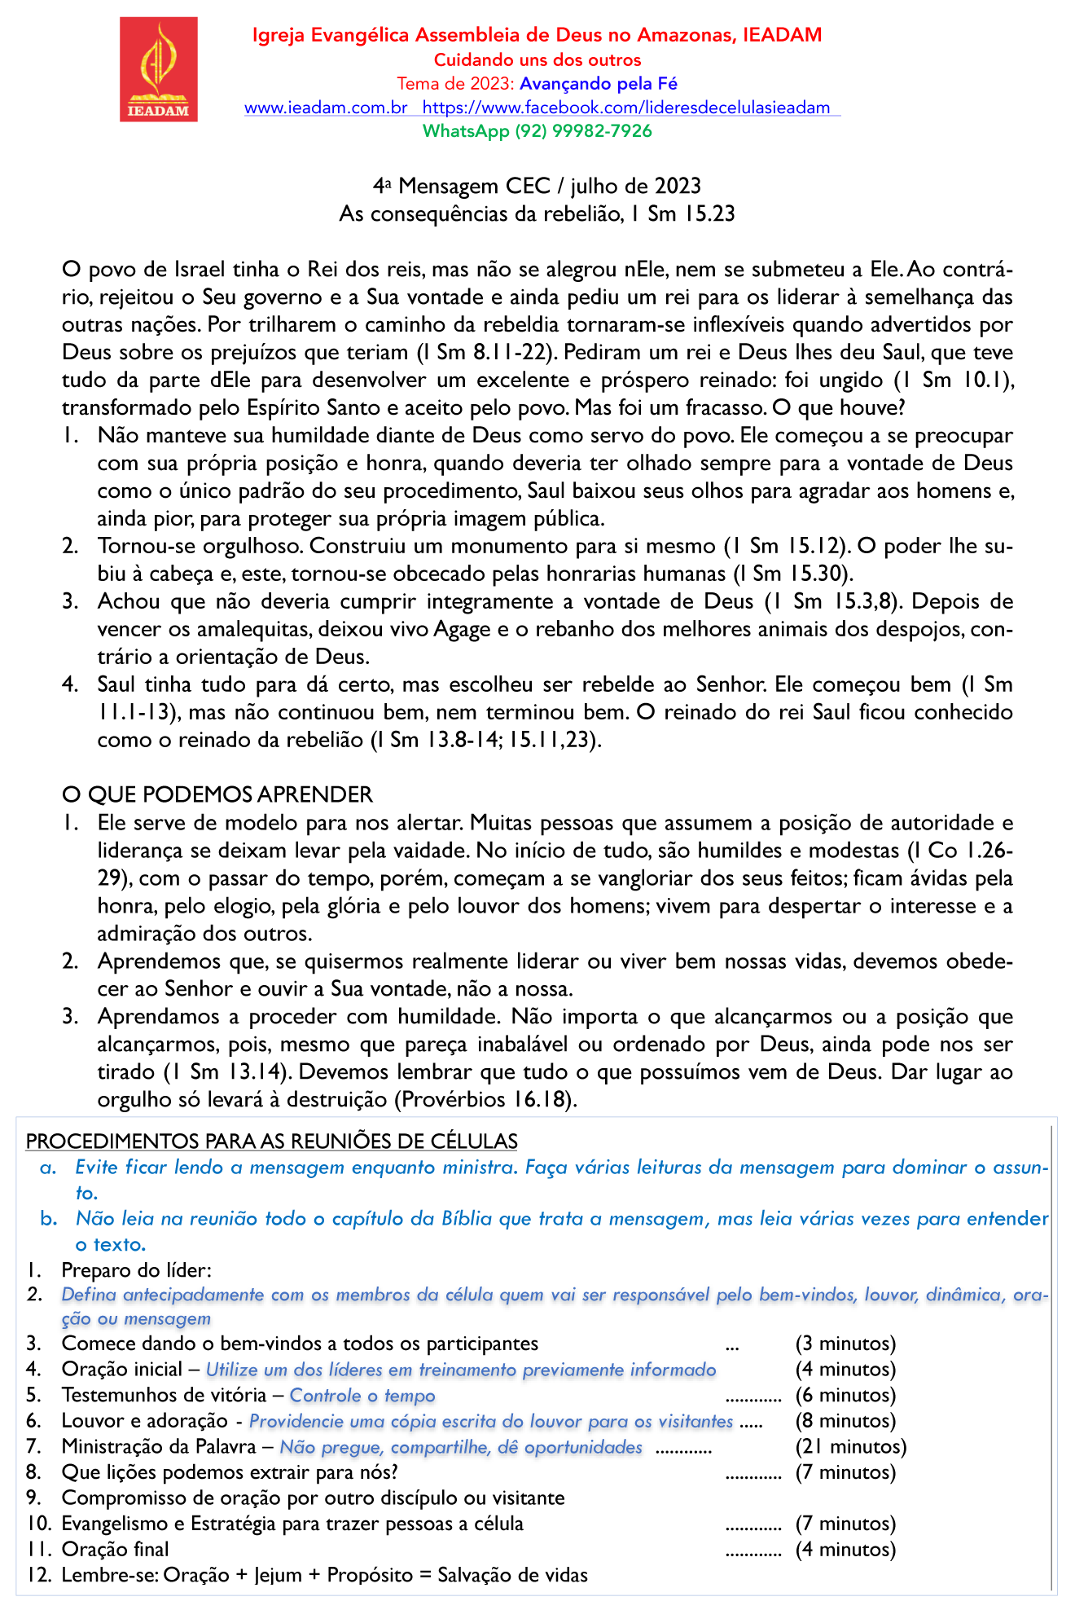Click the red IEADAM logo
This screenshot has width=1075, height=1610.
(159, 70)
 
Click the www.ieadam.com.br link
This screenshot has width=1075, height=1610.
(326, 108)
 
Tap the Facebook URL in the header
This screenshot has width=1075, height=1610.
(626, 108)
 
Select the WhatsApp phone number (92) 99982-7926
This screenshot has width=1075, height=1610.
(583, 131)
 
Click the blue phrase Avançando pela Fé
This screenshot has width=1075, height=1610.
(599, 84)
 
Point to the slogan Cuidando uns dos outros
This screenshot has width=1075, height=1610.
(537, 60)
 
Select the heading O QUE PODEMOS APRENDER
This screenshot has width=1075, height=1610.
(217, 794)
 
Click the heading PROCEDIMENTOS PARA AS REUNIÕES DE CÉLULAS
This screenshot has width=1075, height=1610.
(272, 1142)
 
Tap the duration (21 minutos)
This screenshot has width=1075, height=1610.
(850, 1447)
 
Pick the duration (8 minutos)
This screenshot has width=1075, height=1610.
(845, 1421)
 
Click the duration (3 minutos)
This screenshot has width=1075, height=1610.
(845, 1344)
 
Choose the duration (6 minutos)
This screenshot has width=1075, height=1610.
(845, 1396)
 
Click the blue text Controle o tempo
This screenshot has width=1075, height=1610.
(362, 1396)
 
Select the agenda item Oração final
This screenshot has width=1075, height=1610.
(116, 1550)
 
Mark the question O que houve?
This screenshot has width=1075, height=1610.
(850, 407)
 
